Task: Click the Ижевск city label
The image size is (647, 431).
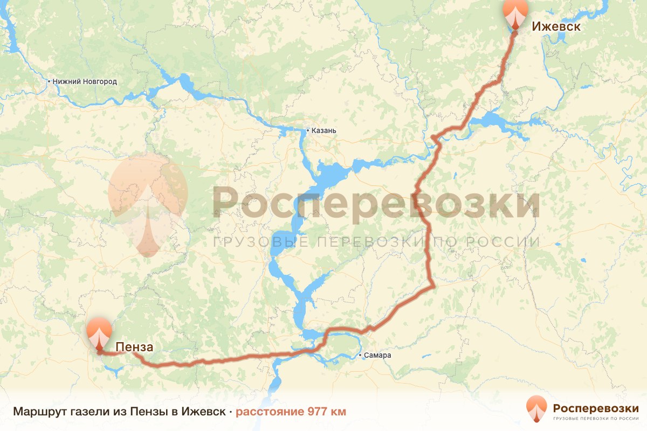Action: click(x=556, y=26)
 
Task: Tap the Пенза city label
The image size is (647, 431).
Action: click(x=134, y=347)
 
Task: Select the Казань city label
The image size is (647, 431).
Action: click(x=324, y=130)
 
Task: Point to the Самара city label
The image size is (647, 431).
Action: click(x=377, y=356)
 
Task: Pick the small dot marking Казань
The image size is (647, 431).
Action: click(x=307, y=130)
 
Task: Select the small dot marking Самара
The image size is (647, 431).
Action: click(x=360, y=356)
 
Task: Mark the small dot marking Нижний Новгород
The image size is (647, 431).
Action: click(x=49, y=82)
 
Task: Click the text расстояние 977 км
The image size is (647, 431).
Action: click(x=291, y=412)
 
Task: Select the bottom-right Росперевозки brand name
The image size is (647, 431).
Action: click(x=595, y=407)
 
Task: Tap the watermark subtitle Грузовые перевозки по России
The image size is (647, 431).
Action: click(x=376, y=242)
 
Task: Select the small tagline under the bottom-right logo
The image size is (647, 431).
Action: click(x=595, y=418)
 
